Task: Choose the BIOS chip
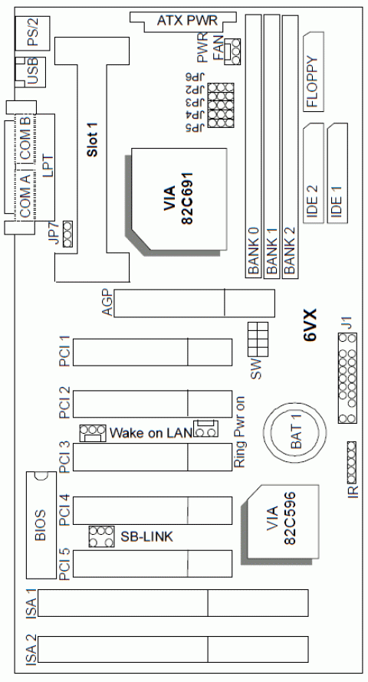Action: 41,526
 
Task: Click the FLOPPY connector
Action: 314,72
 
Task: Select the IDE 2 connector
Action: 313,174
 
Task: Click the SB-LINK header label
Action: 144,536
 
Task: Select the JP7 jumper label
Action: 53,230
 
